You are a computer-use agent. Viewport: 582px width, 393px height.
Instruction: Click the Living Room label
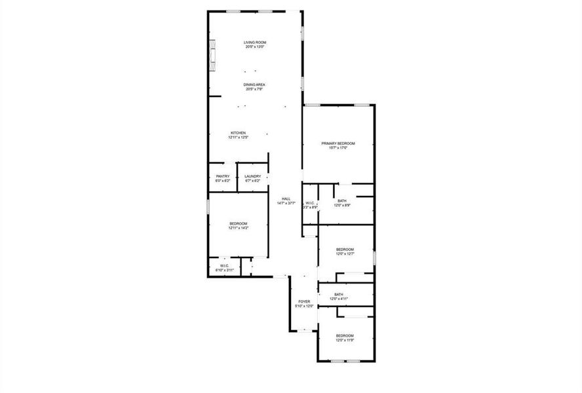(255, 43)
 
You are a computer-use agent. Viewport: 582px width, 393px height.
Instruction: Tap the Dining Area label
(254, 84)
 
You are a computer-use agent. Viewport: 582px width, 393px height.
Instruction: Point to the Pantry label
(223, 176)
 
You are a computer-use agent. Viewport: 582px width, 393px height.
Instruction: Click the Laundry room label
(253, 176)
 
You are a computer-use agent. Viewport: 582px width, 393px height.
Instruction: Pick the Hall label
(286, 199)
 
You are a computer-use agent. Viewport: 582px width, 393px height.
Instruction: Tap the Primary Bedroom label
(338, 143)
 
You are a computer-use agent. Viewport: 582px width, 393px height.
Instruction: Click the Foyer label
(304, 302)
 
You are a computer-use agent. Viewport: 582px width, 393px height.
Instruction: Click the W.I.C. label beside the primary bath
(310, 203)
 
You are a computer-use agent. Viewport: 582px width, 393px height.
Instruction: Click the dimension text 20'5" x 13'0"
(255, 47)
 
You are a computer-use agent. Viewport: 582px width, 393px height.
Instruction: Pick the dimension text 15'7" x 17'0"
(338, 148)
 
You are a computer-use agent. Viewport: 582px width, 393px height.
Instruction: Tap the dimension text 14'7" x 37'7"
(286, 204)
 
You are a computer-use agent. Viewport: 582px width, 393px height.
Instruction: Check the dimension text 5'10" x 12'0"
(304, 307)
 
